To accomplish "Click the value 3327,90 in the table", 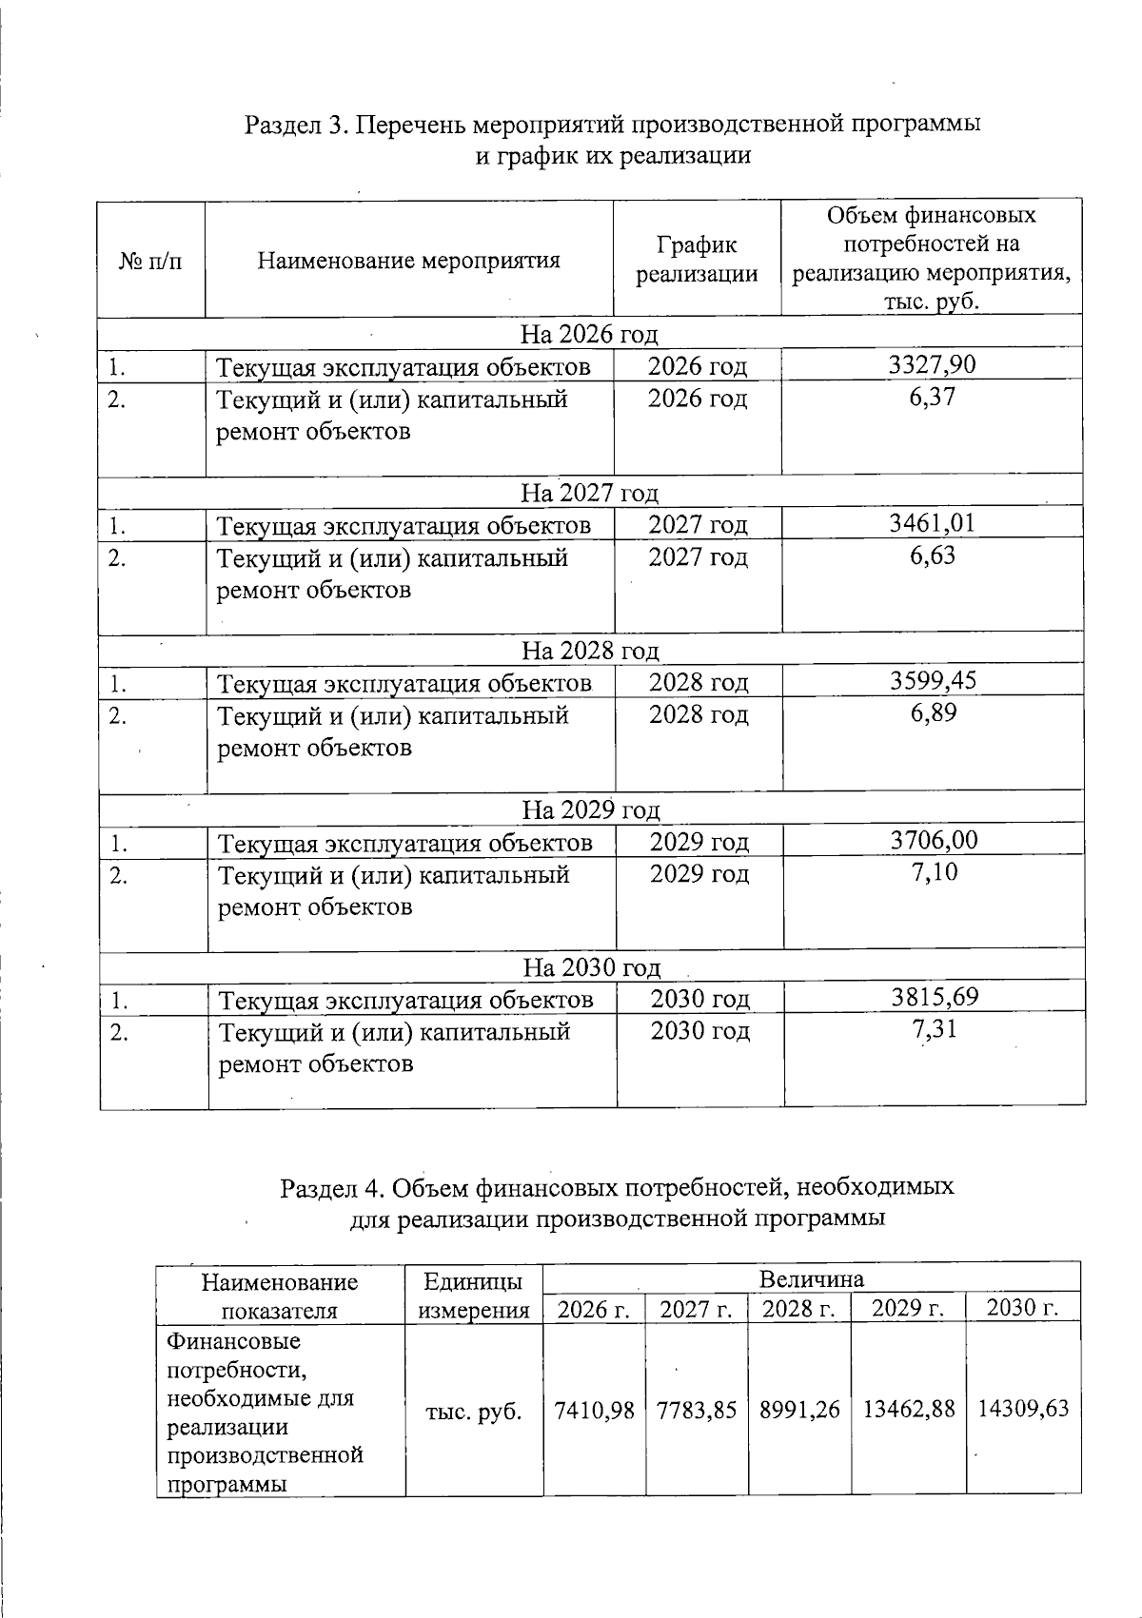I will (x=932, y=364).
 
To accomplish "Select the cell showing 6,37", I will (x=932, y=398).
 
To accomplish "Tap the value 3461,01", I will (x=932, y=522).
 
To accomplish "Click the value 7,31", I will (x=934, y=1029).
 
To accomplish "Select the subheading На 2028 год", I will (x=590, y=651).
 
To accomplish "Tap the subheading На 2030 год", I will (x=592, y=967).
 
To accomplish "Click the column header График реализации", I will (x=697, y=260).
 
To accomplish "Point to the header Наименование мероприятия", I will (x=409, y=260).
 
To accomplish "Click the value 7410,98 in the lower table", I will (x=594, y=1409).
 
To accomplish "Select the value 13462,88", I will (x=908, y=1409).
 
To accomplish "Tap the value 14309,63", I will (x=1023, y=1409).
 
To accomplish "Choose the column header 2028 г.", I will (x=799, y=1309).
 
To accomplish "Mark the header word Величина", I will (x=811, y=1277).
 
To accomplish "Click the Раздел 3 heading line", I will (x=613, y=125).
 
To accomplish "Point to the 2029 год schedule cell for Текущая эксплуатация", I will (x=699, y=842).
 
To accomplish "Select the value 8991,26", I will (x=799, y=1409).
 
